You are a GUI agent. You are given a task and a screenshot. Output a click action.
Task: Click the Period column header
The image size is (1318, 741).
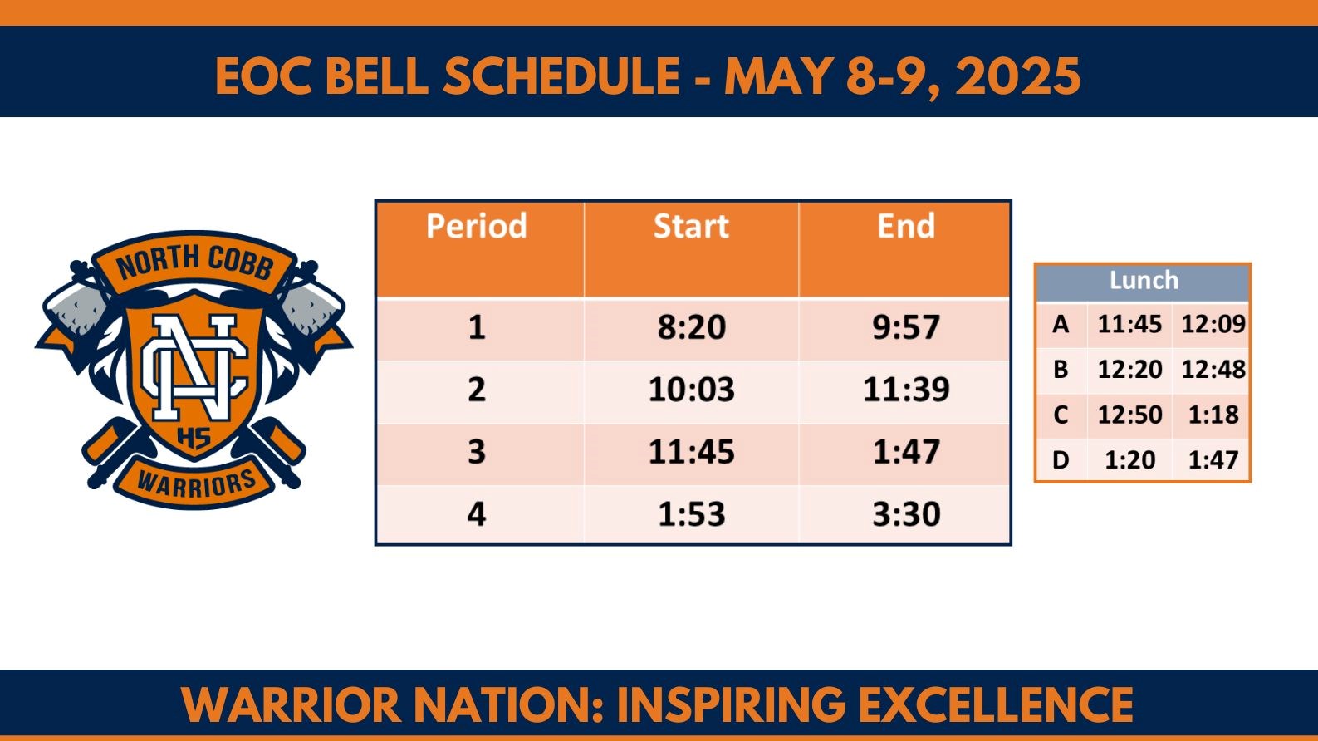477,227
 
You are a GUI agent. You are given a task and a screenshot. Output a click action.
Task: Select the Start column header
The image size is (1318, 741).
691,227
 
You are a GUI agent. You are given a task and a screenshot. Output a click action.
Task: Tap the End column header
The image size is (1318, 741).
906,227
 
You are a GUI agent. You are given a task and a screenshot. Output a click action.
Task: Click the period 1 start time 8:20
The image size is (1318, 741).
692,327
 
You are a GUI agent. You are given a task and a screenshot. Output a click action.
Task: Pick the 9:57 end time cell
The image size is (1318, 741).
906,327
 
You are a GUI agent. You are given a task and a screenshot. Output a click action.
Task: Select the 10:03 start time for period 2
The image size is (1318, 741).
692,390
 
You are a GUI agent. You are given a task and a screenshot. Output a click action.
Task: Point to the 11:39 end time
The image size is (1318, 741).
906,390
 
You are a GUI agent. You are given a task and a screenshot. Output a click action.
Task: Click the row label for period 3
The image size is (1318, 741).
477,452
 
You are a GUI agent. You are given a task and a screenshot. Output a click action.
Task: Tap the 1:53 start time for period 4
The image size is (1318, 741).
692,514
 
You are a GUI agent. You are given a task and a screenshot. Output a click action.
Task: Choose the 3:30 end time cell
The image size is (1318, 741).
906,514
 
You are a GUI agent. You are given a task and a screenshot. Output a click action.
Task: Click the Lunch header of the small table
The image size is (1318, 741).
1144,281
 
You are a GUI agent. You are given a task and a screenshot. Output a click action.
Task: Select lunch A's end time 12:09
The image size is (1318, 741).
1213,324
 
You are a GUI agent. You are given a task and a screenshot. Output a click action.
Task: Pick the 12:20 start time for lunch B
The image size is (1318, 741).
1129,369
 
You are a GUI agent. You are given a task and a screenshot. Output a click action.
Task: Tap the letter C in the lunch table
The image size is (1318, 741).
1061,415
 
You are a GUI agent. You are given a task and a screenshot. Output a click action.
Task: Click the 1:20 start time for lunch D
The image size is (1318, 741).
1129,459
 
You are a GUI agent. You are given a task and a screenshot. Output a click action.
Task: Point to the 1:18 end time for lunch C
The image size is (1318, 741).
1213,415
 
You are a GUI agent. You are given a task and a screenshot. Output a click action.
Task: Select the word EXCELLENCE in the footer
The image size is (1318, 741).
996,705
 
